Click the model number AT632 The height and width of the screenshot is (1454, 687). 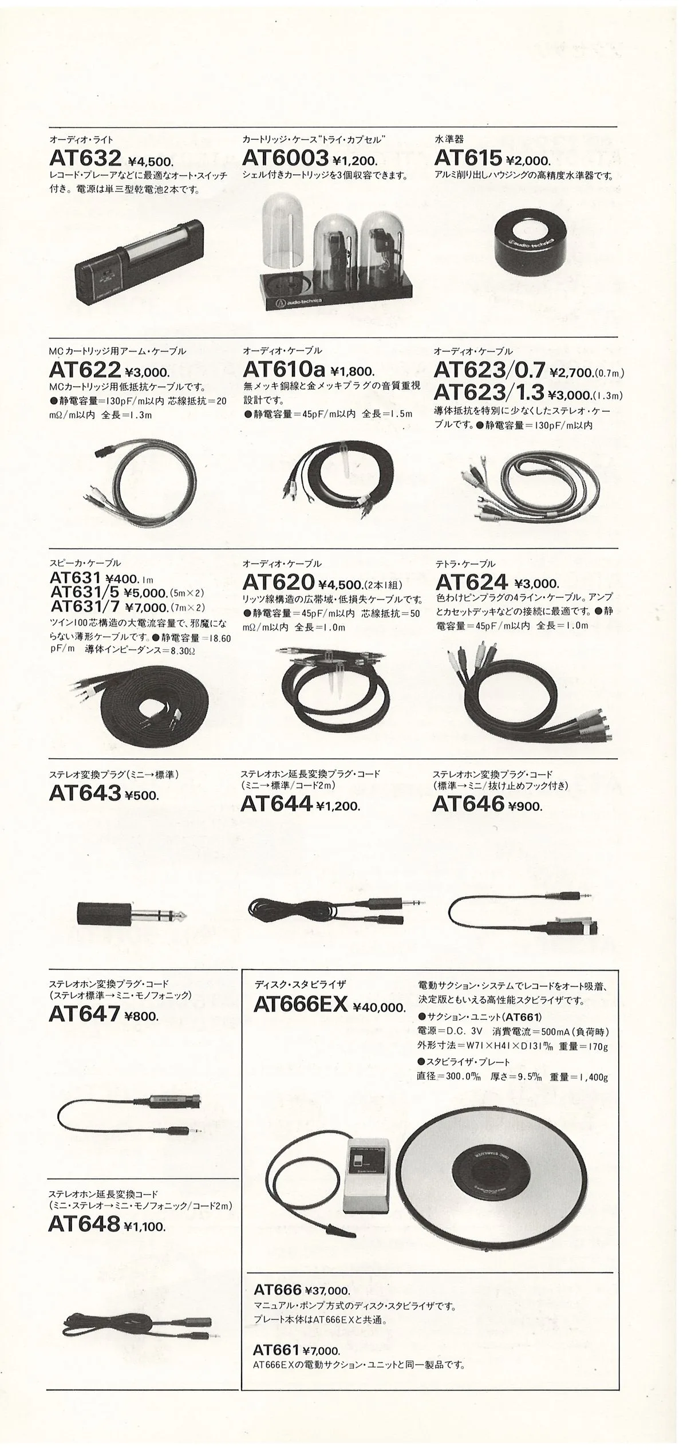pyautogui.click(x=85, y=158)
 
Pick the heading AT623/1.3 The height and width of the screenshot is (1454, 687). pyautogui.click(x=488, y=392)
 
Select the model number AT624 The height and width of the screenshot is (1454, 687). pyautogui.click(x=471, y=582)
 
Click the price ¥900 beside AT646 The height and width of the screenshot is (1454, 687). pyautogui.click(x=524, y=806)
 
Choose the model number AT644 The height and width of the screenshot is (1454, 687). pyautogui.click(x=277, y=804)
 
